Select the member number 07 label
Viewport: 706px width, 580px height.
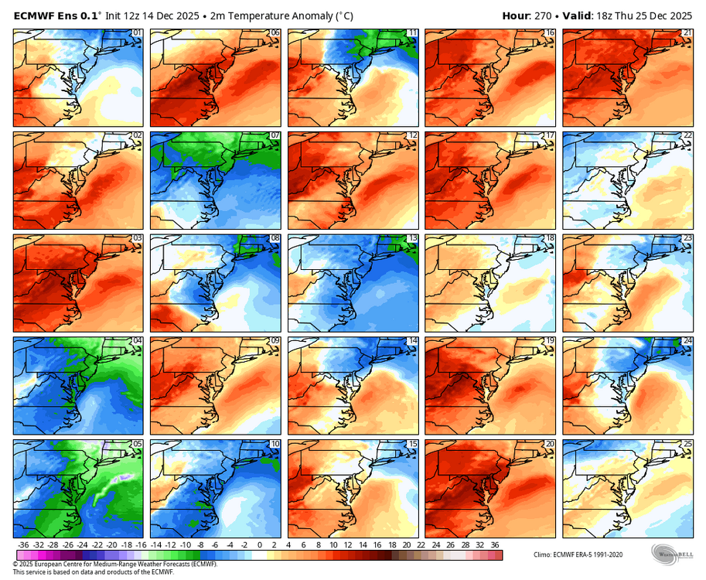tap(275, 136)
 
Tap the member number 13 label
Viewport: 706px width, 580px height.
tap(413, 239)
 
